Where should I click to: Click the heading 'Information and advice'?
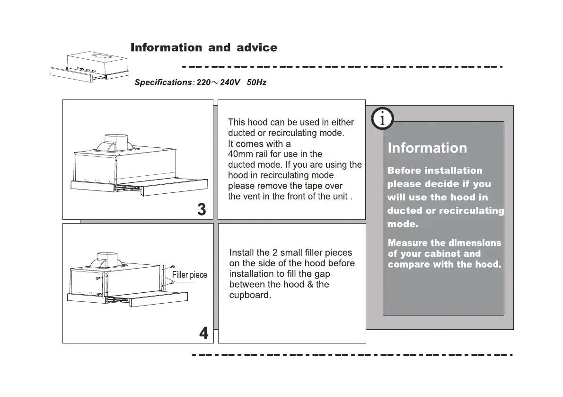pyautogui.click(x=203, y=48)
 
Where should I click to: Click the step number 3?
pyautogui.click(x=202, y=209)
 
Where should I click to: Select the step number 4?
pyautogui.click(x=203, y=334)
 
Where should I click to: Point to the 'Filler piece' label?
pyautogui.click(x=189, y=275)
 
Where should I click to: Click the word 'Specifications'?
pyautogui.click(x=163, y=82)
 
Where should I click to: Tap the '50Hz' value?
pyautogui.click(x=256, y=82)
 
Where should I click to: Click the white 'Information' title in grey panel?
pyautogui.click(x=427, y=148)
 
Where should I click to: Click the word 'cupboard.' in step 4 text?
pyautogui.click(x=250, y=295)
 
